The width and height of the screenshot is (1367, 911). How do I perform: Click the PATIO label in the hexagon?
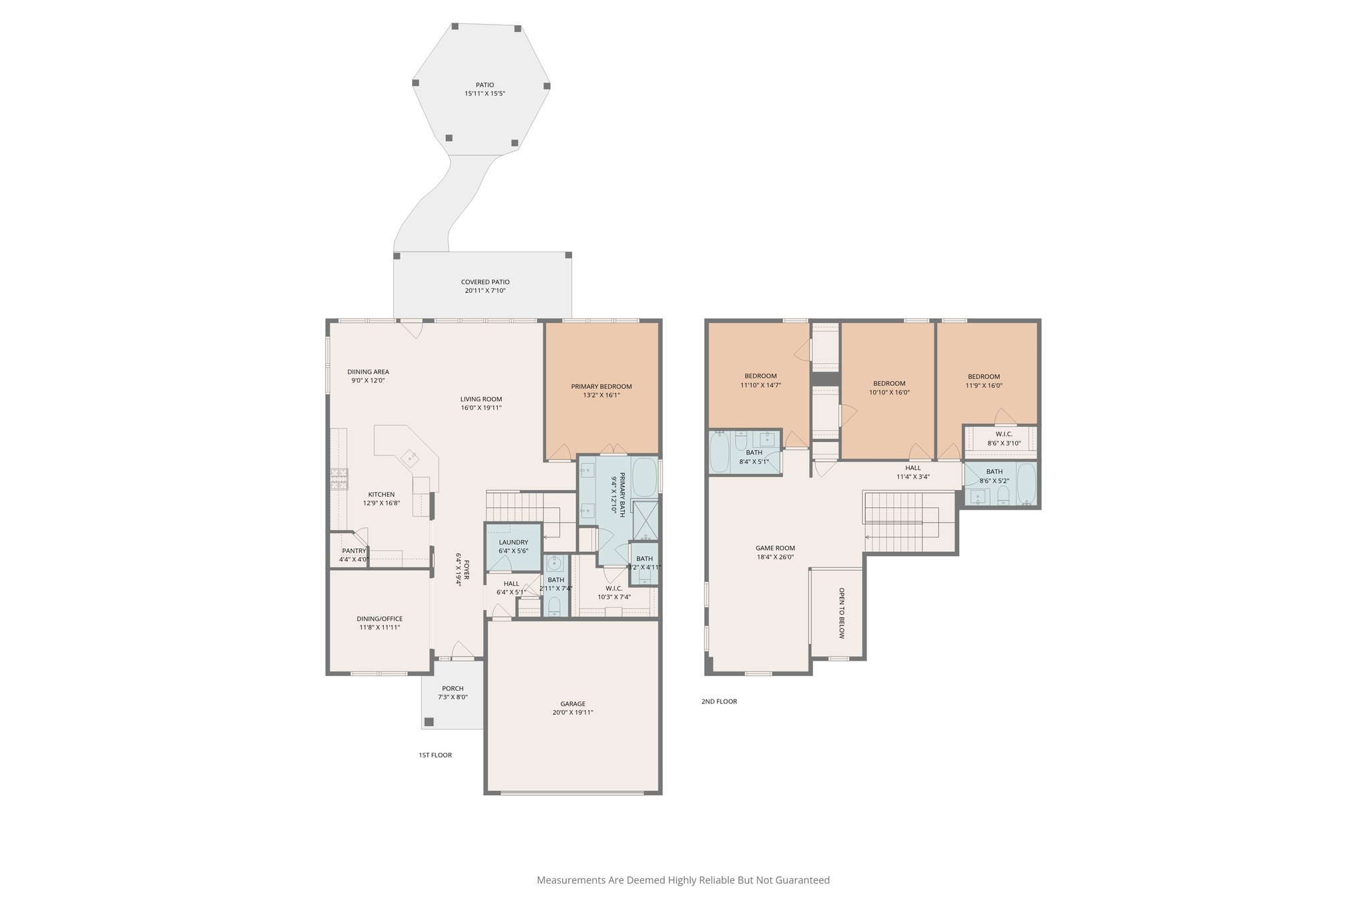pos(485,85)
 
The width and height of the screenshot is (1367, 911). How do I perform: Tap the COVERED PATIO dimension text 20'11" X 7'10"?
pos(485,291)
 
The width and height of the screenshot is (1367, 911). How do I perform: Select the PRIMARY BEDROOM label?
pos(601,386)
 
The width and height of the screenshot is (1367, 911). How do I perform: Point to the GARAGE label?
pos(573,703)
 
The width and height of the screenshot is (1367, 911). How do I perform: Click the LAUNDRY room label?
pos(513,543)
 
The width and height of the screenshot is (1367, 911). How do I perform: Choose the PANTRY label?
pos(354,551)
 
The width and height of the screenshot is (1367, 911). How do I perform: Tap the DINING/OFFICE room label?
pos(379,619)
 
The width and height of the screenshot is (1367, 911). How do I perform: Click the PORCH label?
pos(453,689)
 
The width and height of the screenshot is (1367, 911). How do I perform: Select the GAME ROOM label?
pos(775,548)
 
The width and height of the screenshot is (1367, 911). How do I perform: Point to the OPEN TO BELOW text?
pos(842,613)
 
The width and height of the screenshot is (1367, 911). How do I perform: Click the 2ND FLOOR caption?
pos(719,701)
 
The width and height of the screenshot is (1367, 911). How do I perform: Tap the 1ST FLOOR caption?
pos(435,755)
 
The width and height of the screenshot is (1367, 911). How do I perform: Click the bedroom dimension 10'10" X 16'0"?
pos(889,392)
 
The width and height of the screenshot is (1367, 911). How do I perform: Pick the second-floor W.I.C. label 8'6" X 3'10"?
pos(1004,443)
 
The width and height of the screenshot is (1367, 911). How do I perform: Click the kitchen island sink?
pos(409,458)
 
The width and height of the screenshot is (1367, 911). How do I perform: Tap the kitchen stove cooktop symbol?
pos(339,478)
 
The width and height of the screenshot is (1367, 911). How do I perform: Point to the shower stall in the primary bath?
pos(645,519)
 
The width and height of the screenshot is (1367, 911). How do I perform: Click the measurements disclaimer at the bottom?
pos(683,880)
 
